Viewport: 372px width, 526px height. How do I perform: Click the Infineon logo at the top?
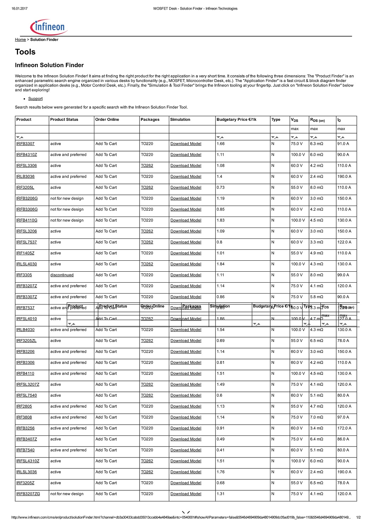(x=49, y=27)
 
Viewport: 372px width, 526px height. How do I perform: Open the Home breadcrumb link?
(x=20, y=40)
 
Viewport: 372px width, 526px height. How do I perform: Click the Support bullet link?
(x=35, y=99)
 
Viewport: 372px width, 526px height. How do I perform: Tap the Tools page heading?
(x=25, y=52)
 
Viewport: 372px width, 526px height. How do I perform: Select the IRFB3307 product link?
(x=25, y=144)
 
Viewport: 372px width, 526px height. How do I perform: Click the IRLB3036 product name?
(x=25, y=177)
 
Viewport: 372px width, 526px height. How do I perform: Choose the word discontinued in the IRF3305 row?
(x=62, y=275)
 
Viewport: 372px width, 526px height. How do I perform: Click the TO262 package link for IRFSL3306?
(x=147, y=166)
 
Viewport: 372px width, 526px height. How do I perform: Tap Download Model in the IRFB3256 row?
(x=186, y=428)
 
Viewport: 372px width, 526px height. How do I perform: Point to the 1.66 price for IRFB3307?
(x=221, y=144)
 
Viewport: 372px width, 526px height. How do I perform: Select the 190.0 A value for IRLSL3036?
(x=344, y=472)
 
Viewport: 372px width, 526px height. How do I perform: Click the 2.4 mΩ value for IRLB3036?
(x=317, y=177)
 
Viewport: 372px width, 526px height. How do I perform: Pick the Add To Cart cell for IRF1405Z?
(x=106, y=253)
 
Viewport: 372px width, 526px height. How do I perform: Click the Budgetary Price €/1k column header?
(x=236, y=119)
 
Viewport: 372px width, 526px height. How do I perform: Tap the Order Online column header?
(x=107, y=119)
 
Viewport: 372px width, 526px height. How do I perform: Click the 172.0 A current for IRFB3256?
(x=344, y=428)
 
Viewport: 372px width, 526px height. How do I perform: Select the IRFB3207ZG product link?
(x=28, y=494)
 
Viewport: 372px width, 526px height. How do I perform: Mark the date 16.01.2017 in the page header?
(x=19, y=8)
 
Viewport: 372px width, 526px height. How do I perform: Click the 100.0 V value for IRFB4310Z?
(x=298, y=155)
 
